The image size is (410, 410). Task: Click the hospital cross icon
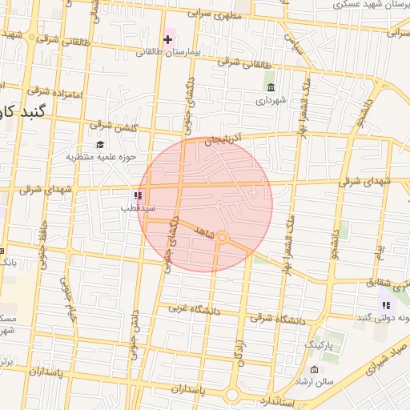point(167,38)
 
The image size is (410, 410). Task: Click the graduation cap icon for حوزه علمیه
point(100,144)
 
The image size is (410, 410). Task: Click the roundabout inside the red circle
point(223,238)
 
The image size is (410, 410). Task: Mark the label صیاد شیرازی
point(388,358)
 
